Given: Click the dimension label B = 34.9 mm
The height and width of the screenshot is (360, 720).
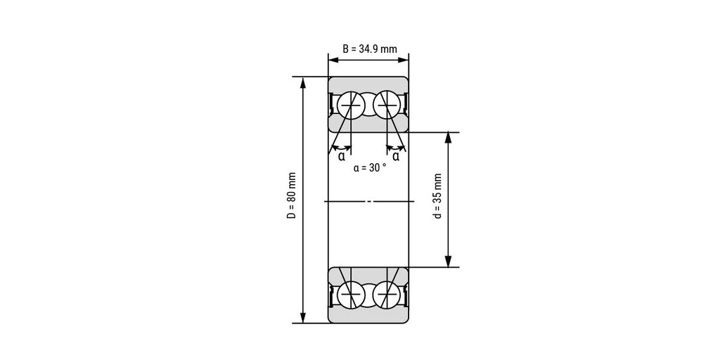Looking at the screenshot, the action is click(x=370, y=49).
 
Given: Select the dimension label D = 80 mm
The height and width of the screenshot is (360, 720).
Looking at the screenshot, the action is click(x=292, y=195).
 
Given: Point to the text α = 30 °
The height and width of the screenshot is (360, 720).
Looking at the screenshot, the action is click(x=370, y=168).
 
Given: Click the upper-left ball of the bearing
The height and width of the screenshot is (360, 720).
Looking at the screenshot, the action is click(x=351, y=105).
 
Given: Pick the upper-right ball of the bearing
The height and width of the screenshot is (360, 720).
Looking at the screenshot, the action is click(x=386, y=105).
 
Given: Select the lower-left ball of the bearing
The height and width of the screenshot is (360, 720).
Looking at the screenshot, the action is click(x=351, y=295).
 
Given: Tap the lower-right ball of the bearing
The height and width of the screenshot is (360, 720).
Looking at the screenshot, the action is click(x=386, y=295).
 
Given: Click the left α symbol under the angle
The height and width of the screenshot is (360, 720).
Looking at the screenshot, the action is click(x=342, y=157).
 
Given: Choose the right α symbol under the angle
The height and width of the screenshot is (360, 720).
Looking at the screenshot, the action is click(x=396, y=157).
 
